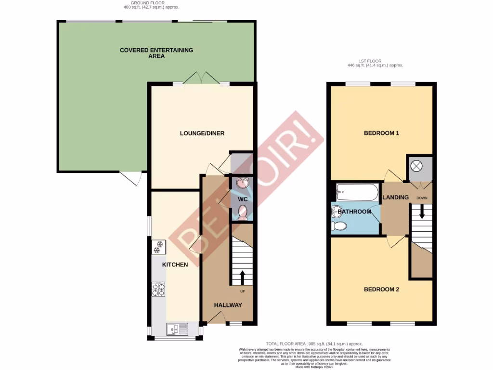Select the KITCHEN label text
[x=175, y=264]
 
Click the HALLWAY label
[x=228, y=305]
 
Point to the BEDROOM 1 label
[x=381, y=133]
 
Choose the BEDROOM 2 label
[x=381, y=290]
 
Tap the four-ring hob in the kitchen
[x=158, y=290]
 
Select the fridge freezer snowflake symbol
[x=158, y=248]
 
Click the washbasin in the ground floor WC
[x=243, y=183]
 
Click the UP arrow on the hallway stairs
[x=242, y=278]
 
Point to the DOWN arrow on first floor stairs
[x=422, y=212]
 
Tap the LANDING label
[x=396, y=197]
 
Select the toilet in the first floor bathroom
[x=340, y=226]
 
